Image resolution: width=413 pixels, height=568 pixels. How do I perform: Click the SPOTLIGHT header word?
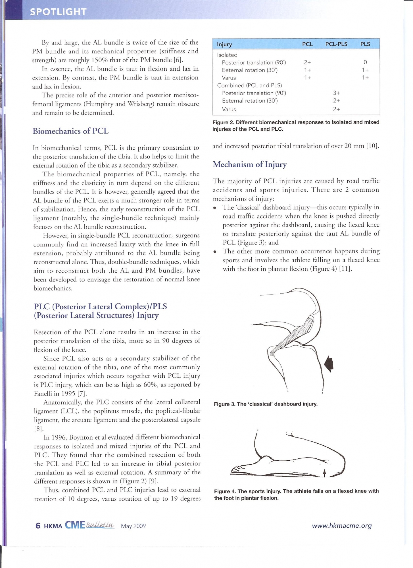(58, 12)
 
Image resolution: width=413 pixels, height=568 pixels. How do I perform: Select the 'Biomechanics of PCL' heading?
(71, 131)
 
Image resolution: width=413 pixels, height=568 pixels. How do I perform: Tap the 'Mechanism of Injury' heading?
(250, 164)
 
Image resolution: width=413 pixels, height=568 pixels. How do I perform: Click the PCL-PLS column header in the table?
(336, 44)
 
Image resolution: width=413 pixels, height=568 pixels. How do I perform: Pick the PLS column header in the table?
(365, 44)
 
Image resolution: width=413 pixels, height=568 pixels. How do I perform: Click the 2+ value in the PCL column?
(307, 62)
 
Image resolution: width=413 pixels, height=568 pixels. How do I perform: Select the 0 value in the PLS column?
(365, 62)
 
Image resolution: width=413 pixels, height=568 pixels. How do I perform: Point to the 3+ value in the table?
(336, 93)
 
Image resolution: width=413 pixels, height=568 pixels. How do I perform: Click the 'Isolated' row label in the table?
(227, 55)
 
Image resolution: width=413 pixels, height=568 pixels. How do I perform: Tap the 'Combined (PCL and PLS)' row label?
(249, 85)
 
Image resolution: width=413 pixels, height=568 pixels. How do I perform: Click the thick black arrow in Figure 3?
(329, 364)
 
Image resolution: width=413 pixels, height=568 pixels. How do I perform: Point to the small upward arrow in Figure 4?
(324, 473)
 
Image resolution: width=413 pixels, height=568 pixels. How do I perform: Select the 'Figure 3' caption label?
(224, 404)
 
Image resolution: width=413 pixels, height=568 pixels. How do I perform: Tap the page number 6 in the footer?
(38, 526)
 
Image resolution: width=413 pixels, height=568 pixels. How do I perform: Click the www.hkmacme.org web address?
(342, 526)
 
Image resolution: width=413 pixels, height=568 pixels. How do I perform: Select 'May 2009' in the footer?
(133, 526)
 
